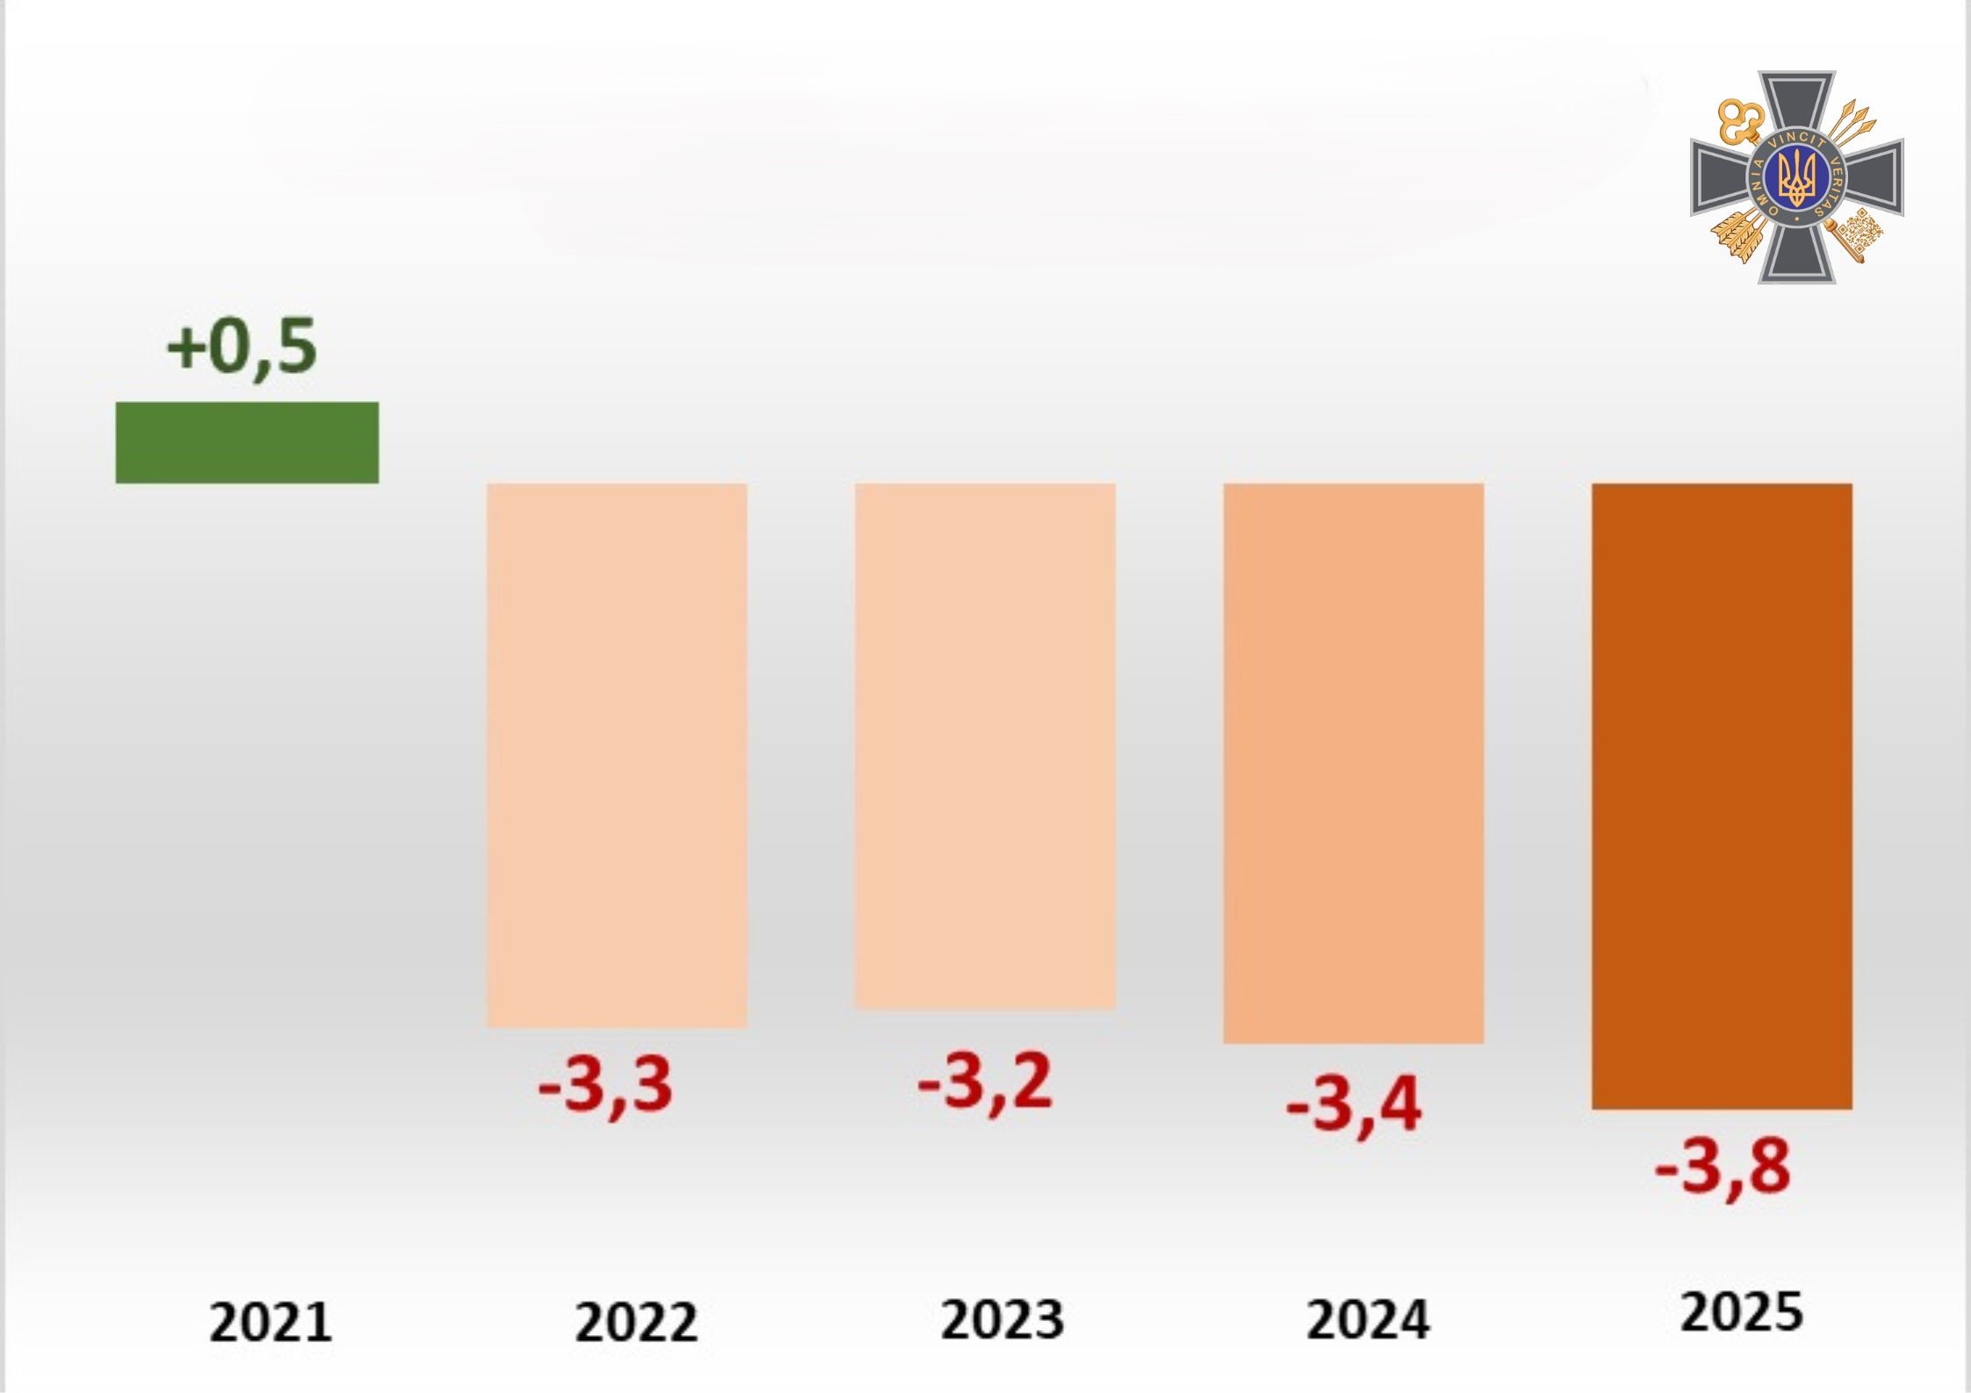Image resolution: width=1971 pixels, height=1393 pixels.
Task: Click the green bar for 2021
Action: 247,442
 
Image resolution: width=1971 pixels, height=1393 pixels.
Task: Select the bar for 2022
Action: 616,755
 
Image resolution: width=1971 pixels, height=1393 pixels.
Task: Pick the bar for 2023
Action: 985,745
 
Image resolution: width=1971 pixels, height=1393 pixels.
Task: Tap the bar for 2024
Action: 1353,763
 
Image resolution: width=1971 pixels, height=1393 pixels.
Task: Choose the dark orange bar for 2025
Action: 1722,796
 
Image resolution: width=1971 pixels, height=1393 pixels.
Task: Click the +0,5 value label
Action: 241,348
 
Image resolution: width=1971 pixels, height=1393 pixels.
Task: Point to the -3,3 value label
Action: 606,1087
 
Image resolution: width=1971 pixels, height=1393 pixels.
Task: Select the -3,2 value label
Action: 984,1082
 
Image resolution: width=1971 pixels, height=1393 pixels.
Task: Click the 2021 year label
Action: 270,1323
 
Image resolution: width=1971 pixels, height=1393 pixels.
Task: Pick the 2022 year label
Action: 636,1322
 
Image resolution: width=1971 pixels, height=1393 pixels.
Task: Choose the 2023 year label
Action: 1002,1319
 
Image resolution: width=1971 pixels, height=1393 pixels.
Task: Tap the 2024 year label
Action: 1368,1319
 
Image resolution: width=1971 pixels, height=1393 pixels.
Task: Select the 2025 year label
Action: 1741,1313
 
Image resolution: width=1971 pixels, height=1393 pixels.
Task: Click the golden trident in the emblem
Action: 1796,176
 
